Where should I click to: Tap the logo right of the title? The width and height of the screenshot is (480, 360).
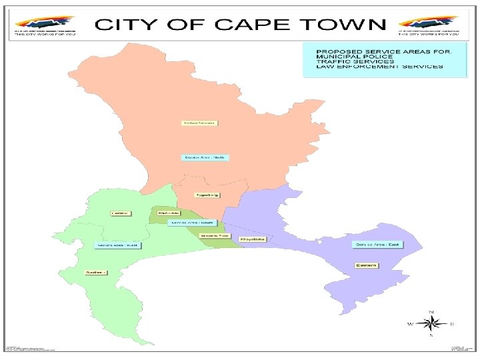[428, 26]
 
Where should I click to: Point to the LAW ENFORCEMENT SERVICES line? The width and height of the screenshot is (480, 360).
[379, 67]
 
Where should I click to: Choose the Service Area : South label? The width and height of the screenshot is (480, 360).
[191, 222]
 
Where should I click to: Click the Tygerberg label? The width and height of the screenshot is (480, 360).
[207, 195]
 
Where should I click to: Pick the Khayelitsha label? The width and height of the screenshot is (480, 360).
[253, 239]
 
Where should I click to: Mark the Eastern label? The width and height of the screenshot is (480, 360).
[365, 265]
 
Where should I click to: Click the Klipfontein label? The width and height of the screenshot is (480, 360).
[163, 213]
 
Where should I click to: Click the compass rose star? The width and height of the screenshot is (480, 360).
[431, 325]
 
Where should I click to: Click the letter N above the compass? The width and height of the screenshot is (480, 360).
[431, 312]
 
